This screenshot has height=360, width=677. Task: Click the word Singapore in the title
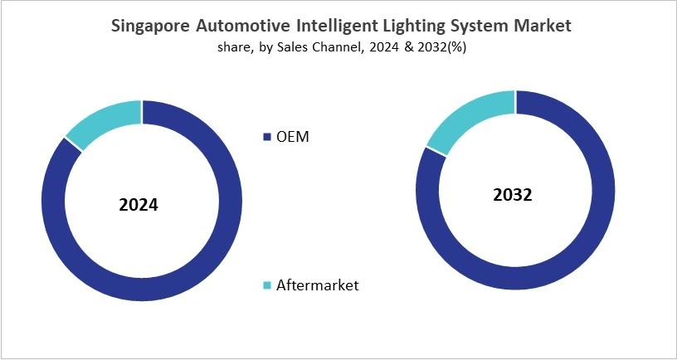click(152, 26)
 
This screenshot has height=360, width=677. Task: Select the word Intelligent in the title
click(337, 26)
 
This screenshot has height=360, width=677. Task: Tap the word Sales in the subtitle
click(290, 47)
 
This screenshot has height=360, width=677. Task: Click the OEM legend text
click(292, 137)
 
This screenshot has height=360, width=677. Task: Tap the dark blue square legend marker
click(267, 137)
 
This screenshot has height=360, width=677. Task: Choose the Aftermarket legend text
click(319, 285)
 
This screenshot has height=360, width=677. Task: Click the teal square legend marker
click(267, 286)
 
